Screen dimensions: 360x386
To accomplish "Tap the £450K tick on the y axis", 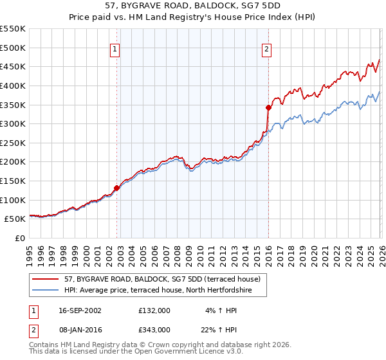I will [x=12, y=66].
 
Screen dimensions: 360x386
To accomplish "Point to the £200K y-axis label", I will [x=12, y=161].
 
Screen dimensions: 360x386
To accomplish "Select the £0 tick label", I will [x=19, y=238].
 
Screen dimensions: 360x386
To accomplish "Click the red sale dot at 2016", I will [x=268, y=107].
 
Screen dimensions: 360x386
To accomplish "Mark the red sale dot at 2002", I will [x=117, y=188].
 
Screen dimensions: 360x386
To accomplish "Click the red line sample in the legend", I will [x=46, y=279].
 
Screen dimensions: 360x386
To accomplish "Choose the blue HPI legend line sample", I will [x=46, y=291].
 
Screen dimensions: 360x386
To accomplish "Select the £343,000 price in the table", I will [x=154, y=329].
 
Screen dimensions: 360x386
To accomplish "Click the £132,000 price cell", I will [x=154, y=310].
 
